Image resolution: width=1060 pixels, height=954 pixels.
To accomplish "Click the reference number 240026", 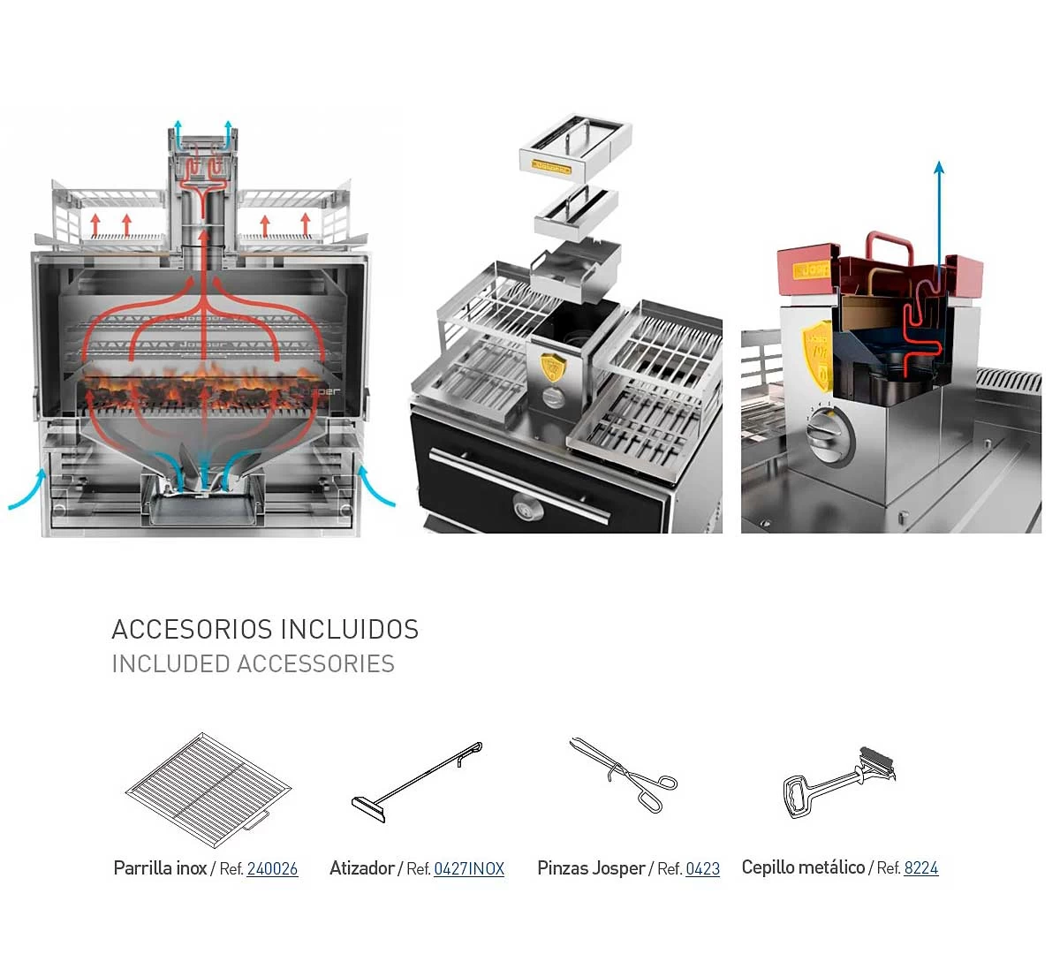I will [x=272, y=869].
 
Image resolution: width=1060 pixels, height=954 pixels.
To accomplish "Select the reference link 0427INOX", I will [x=469, y=869].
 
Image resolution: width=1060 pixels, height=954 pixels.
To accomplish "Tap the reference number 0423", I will [x=702, y=869].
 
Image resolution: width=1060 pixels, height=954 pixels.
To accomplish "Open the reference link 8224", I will [x=920, y=868].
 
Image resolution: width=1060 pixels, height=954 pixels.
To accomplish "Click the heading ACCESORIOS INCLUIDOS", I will [x=265, y=630].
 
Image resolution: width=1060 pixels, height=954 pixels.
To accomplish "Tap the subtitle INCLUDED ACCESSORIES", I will [x=253, y=664].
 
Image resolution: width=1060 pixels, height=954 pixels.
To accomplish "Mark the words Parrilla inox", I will [x=160, y=868].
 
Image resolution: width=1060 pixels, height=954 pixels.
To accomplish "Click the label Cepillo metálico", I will [x=803, y=868].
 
